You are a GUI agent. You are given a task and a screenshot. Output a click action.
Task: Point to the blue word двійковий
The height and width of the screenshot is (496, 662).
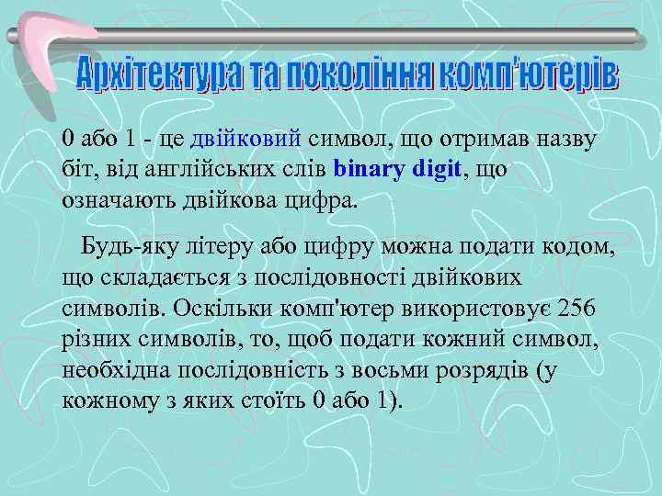(245, 139)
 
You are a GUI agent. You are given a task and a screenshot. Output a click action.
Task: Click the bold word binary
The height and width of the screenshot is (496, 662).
(371, 169)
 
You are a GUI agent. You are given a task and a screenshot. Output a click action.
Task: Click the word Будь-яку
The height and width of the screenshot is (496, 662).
(122, 247)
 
